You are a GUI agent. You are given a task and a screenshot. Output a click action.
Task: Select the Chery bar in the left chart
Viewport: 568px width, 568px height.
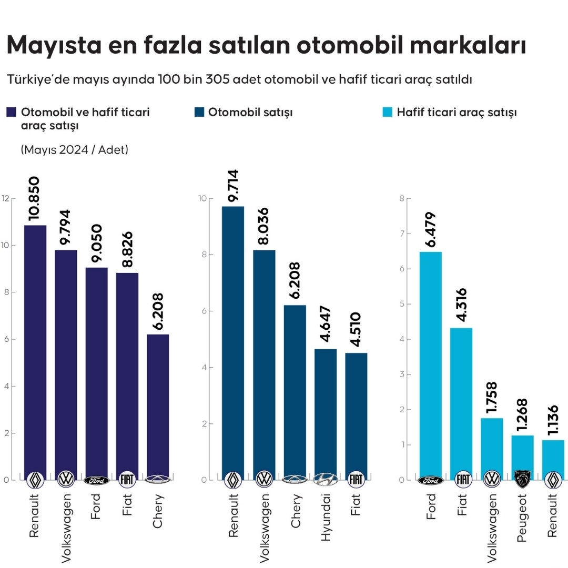[158, 405]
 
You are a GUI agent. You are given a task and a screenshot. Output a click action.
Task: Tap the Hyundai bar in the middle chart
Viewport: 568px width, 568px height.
[326, 413]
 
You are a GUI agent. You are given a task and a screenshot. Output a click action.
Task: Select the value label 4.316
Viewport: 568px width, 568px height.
[461, 306]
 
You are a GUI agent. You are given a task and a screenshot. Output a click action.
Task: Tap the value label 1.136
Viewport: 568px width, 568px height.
[553, 422]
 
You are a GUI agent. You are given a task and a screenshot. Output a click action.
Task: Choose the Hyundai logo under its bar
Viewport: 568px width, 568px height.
[326, 480]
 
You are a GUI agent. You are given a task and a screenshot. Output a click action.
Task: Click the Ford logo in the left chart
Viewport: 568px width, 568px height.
[97, 480]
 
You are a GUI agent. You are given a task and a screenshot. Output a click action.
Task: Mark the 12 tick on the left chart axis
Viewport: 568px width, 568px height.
[6, 198]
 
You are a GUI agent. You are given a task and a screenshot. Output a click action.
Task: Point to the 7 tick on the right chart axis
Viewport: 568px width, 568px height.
[401, 234]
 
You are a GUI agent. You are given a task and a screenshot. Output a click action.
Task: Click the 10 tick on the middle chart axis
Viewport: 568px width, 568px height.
[202, 198]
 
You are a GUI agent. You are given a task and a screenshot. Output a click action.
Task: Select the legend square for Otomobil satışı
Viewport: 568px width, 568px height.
[199, 113]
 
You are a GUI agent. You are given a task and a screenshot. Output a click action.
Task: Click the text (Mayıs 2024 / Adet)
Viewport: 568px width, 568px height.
[75, 150]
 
